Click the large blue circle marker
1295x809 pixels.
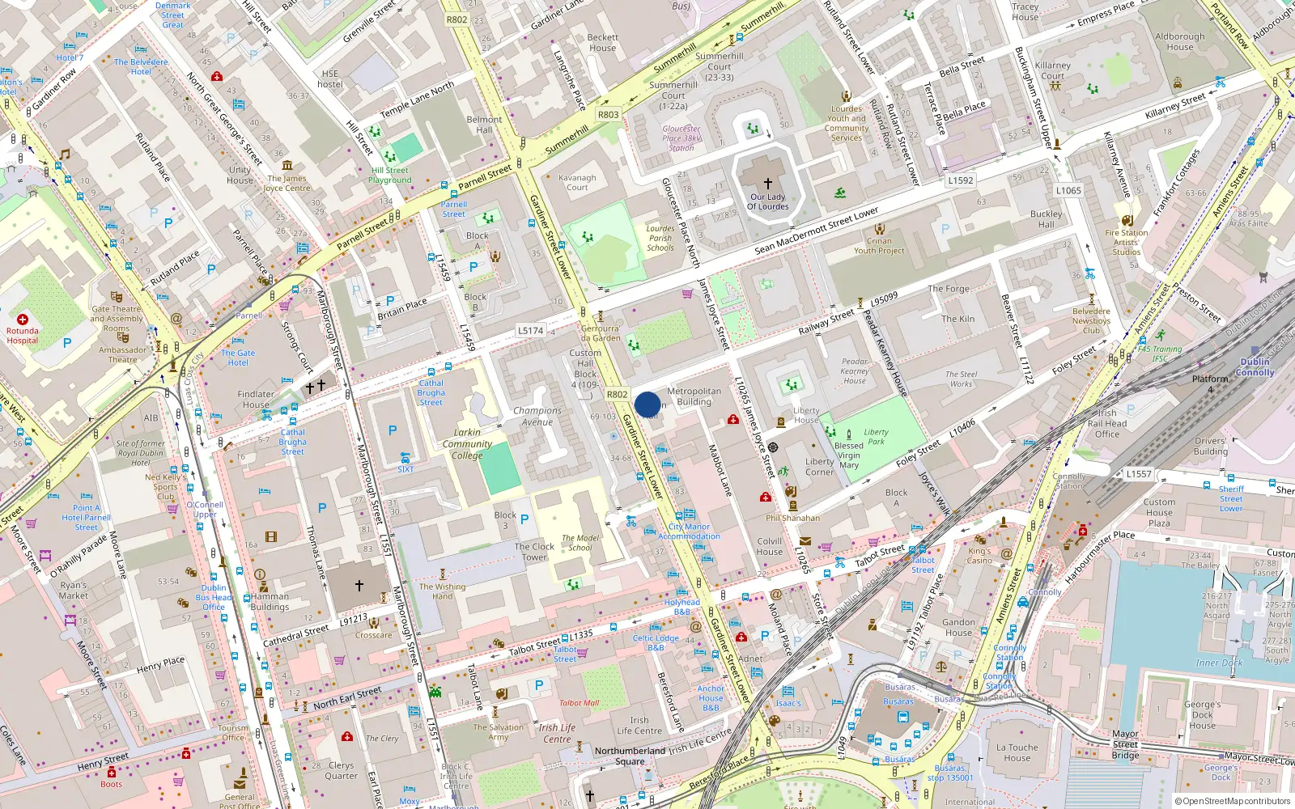[647, 404]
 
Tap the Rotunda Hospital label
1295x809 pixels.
[23, 336]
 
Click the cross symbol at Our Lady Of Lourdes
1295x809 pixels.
[767, 184]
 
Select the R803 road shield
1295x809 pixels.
[608, 115]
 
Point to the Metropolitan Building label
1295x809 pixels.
[694, 396]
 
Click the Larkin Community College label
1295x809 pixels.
[467, 444]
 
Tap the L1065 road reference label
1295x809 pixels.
[1068, 191]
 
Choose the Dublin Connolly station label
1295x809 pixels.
[1255, 367]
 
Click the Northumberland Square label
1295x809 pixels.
[630, 756]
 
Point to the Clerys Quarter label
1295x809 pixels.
[341, 770]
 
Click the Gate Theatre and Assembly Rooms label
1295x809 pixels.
[117, 319]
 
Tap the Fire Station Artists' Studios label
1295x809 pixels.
[1126, 242]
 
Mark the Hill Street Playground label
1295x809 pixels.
[390, 176]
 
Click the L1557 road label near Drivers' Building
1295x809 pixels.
[1138, 474]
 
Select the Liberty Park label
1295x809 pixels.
[876, 437]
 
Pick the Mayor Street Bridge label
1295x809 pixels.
[1125, 744]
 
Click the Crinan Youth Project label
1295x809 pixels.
[879, 246]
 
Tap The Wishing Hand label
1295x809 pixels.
[442, 591]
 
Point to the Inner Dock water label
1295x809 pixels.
[1219, 663]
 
